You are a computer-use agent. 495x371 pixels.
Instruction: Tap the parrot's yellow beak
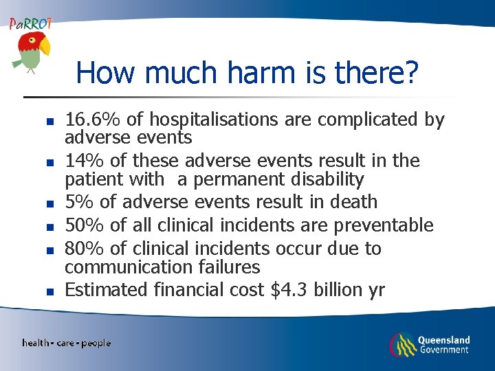coord(45,47)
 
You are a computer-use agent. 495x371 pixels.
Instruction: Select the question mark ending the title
coord(410,73)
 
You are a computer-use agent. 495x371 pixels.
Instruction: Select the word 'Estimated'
coord(106,290)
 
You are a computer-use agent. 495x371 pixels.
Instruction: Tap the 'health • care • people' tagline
coord(66,343)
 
